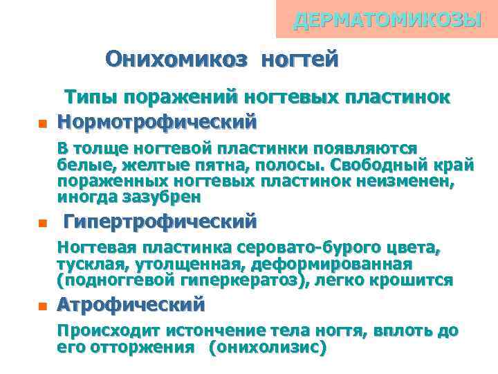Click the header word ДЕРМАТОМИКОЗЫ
[387, 20]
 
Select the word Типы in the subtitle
[89, 98]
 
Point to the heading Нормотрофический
[156, 121]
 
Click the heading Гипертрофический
[160, 222]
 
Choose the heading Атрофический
[131, 305]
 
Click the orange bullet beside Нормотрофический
[40, 125]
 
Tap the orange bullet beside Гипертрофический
[40, 224]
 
